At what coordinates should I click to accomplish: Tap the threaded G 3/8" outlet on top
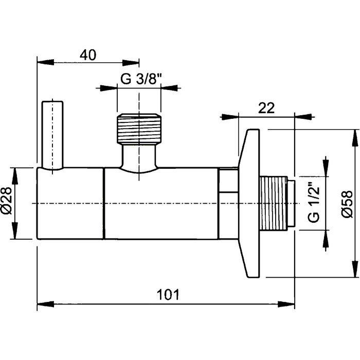click(x=139, y=129)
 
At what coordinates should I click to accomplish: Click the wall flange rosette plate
click(x=250, y=203)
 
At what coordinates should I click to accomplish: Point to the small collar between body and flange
click(x=228, y=203)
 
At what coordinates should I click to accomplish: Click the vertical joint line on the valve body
click(x=104, y=203)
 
